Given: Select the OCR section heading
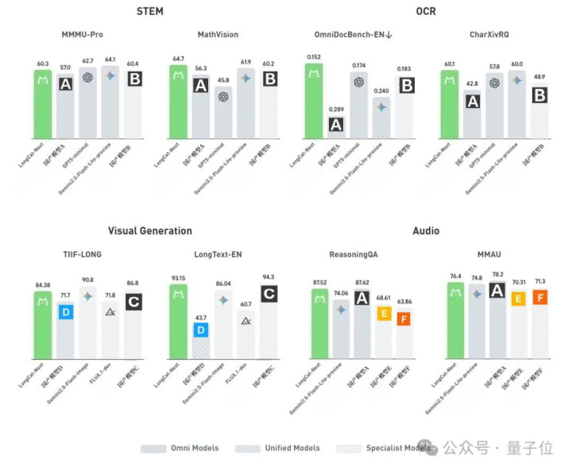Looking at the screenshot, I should tap(426, 12).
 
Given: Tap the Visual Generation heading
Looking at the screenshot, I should tap(149, 231).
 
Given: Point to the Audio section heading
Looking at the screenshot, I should tap(426, 231).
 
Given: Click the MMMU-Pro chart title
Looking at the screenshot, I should tap(88, 35).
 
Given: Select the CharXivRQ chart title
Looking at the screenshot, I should tap(494, 35).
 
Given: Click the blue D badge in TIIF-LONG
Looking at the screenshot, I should tap(67, 312).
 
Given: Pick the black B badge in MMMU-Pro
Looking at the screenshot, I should tap(133, 79).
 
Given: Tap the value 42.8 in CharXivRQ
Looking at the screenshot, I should tap(473, 83).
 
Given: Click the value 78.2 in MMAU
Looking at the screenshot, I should tap(498, 274).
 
